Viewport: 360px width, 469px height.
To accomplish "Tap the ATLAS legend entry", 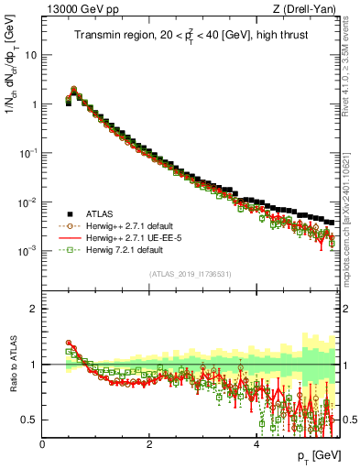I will coord(109,212).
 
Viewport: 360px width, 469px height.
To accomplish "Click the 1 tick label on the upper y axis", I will coord(36,104).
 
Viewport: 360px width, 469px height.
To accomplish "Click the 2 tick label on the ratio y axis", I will coord(36,309).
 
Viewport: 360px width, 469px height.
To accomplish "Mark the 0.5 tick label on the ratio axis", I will coord(32,420).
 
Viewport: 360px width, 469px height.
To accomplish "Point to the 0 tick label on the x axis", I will coord(42,444).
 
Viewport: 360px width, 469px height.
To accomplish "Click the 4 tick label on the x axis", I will coord(256,444).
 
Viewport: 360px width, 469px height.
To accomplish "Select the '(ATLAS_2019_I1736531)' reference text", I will coord(191,274).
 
